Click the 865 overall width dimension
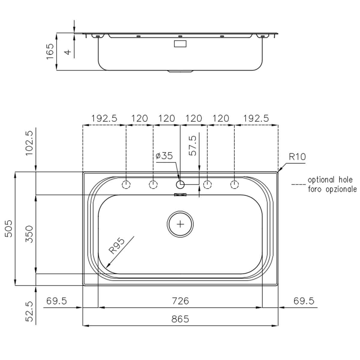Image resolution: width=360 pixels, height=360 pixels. click(x=180, y=319)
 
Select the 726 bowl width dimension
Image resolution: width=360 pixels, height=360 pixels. click(x=180, y=301)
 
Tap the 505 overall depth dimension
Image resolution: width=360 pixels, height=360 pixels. click(x=9, y=229)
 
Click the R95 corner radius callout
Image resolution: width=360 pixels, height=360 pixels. click(x=117, y=246)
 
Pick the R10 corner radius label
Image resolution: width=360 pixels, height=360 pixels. click(x=297, y=157)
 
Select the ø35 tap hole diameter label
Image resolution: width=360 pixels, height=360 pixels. click(x=164, y=156)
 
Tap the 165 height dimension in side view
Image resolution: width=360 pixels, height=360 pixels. click(x=50, y=51)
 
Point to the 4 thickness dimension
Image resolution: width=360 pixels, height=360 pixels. click(x=68, y=52)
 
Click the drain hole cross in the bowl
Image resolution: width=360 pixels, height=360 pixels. click(x=180, y=224)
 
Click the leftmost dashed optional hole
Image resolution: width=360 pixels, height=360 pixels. click(x=126, y=184)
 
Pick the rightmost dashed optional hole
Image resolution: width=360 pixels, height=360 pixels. click(x=235, y=184)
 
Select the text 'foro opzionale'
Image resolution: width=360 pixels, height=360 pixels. click(x=332, y=189)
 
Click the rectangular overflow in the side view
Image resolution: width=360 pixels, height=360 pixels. click(x=180, y=44)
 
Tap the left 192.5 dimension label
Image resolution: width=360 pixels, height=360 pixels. click(x=104, y=118)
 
